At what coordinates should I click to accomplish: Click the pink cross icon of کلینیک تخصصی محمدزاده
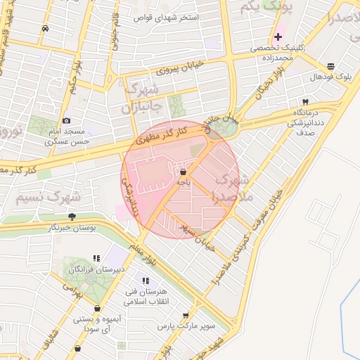278,37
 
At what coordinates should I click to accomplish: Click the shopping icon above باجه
183,171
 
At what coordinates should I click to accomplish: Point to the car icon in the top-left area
46,29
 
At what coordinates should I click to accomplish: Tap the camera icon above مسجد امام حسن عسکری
67,120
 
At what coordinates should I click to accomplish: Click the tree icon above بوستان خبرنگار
72,217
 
